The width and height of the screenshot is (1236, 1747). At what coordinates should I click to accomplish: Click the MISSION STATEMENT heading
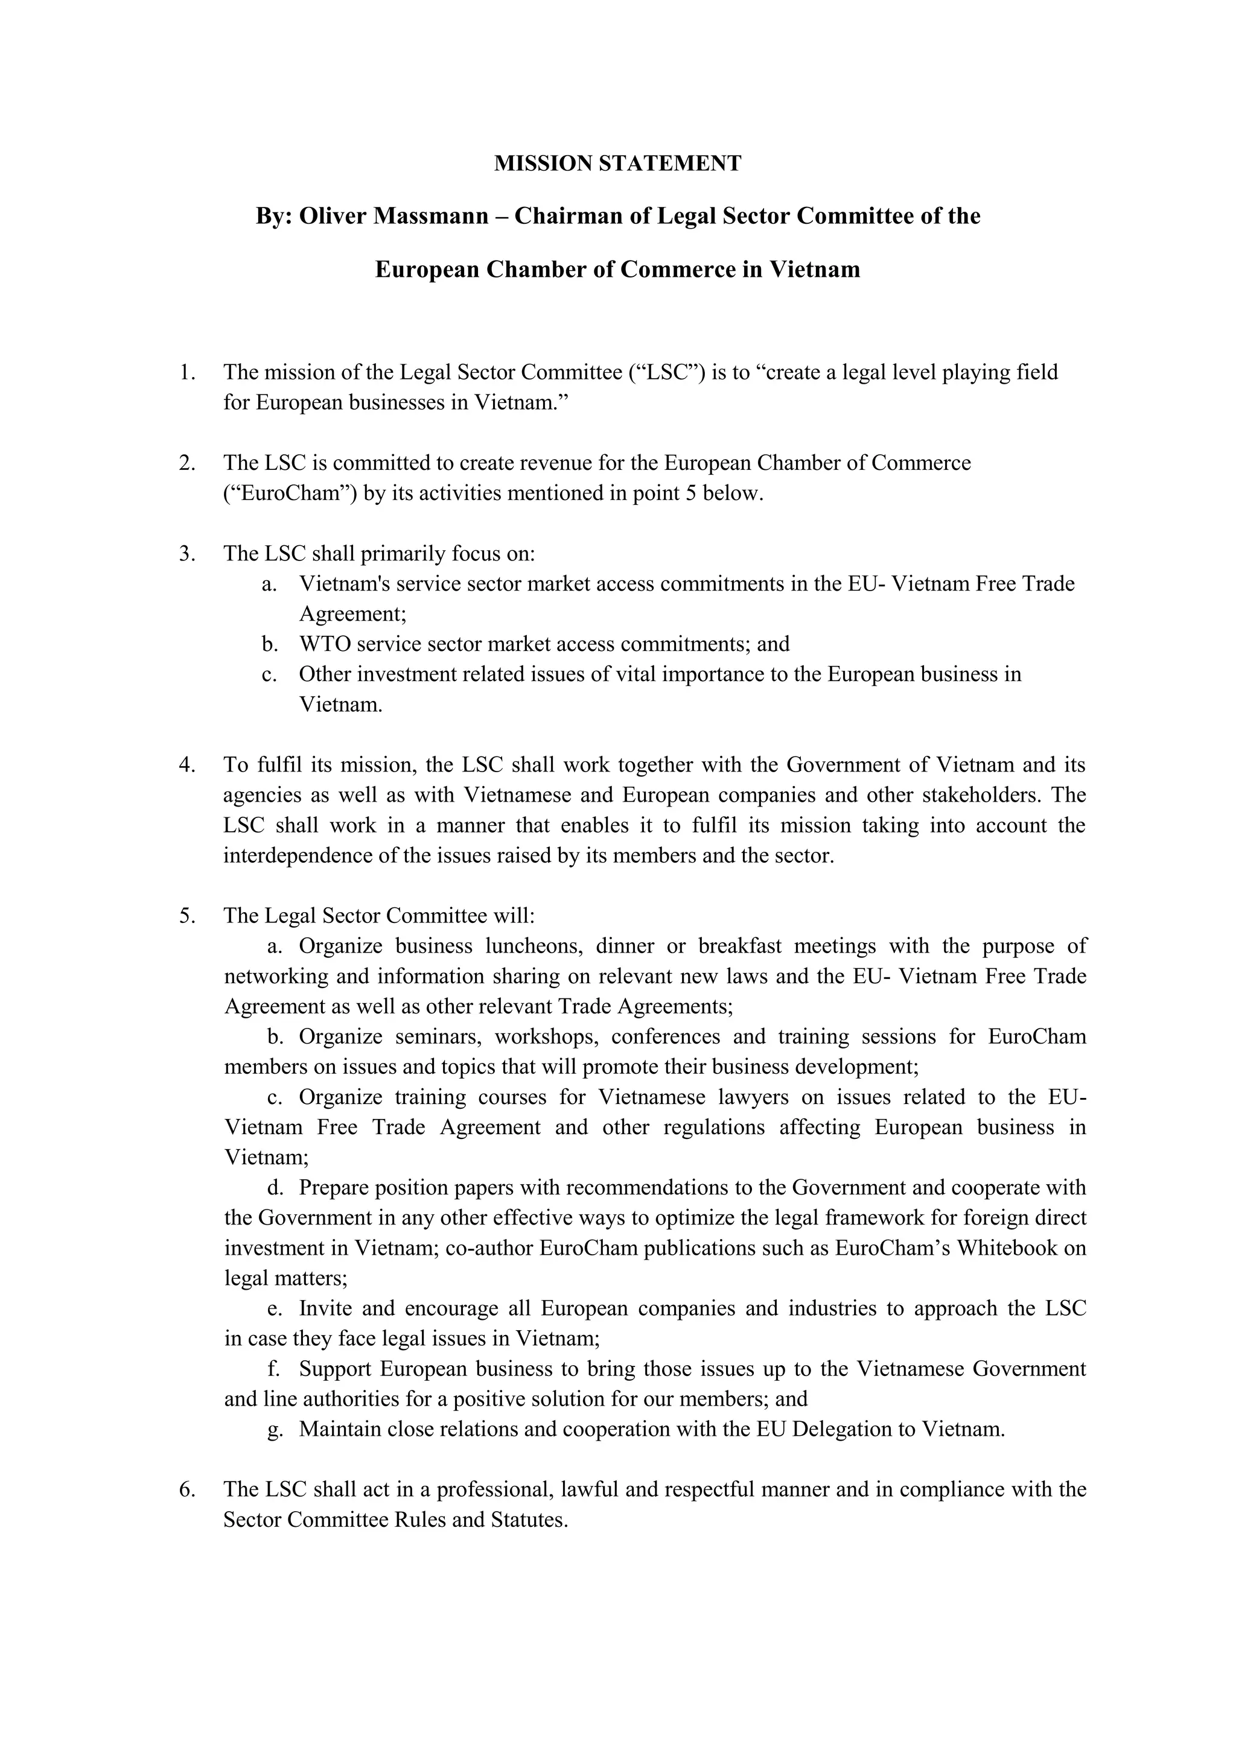coord(617,163)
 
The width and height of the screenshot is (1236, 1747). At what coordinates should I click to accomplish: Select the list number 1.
coord(187,372)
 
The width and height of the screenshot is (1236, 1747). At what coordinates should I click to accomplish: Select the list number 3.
coord(187,553)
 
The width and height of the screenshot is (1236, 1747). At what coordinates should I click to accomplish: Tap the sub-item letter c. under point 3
coord(268,674)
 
